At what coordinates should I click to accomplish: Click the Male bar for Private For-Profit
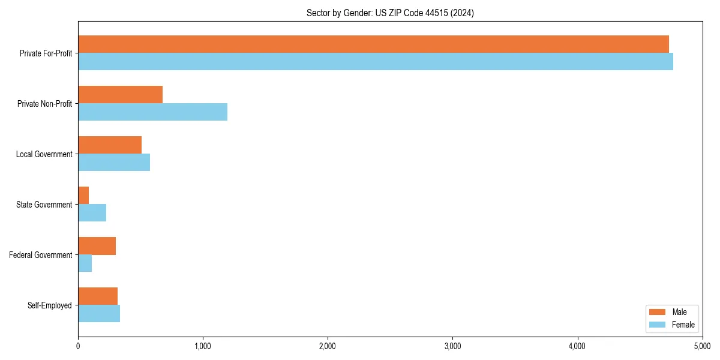(x=373, y=44)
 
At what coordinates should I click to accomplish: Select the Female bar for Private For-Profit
(x=376, y=62)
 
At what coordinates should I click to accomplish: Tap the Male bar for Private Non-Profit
(x=120, y=95)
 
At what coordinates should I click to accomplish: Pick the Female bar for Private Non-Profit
(x=152, y=112)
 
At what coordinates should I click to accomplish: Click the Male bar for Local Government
(x=110, y=145)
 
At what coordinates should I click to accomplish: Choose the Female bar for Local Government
(x=114, y=163)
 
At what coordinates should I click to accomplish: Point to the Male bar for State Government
(x=83, y=196)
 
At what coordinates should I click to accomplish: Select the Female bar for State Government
(x=92, y=213)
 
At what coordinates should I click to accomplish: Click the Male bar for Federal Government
(x=97, y=246)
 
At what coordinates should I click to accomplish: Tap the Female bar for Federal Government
(x=85, y=263)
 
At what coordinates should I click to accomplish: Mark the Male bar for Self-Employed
(x=98, y=296)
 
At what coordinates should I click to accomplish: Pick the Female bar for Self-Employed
(x=99, y=314)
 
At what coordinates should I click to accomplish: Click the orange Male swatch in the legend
(x=658, y=312)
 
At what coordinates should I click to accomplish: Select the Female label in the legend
(x=683, y=325)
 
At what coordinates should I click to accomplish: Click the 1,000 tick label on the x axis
(x=203, y=346)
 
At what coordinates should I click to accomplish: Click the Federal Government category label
(x=41, y=255)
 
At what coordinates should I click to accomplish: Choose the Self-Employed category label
(x=50, y=305)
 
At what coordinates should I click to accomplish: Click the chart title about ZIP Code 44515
(x=390, y=13)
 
